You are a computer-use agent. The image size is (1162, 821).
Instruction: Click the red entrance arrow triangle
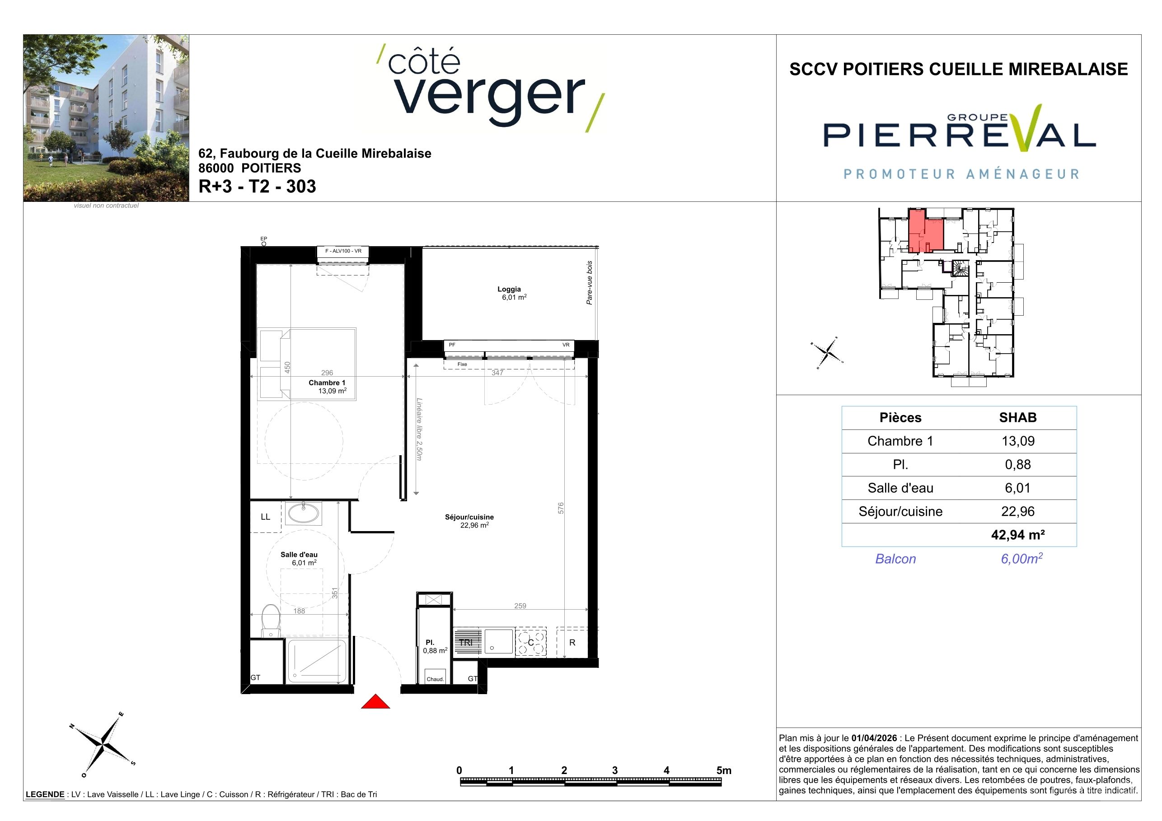click(375, 702)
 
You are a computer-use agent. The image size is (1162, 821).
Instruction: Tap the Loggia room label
click(509, 289)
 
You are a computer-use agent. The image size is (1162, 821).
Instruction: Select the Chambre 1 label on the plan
click(327, 383)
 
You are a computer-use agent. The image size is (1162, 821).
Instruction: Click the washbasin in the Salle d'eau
click(303, 513)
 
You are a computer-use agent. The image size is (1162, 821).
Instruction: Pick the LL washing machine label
click(265, 517)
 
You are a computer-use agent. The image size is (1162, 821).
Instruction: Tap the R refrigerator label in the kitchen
click(572, 643)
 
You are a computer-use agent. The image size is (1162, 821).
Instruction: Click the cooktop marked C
click(531, 643)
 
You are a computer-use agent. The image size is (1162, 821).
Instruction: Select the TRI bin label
click(466, 643)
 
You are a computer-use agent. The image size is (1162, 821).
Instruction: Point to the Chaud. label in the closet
click(435, 679)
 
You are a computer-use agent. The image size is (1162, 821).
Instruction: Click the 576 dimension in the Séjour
click(560, 508)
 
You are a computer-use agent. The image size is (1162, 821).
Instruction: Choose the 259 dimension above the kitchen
click(520, 606)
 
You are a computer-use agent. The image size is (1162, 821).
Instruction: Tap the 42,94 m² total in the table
click(1018, 535)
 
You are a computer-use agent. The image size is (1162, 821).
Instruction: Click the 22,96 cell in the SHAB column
click(1018, 511)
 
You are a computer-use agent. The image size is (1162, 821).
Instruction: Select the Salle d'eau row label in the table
click(900, 488)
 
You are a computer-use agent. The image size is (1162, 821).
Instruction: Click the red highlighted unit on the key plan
click(926, 232)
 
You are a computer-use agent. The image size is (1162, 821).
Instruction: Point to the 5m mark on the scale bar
click(724, 770)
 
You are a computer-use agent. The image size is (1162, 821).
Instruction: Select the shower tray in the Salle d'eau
click(317, 661)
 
